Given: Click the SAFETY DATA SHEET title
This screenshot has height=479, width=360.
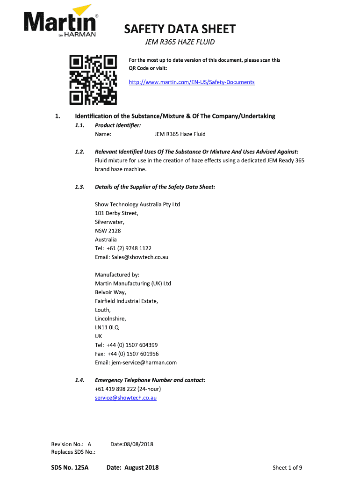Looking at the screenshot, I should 180,30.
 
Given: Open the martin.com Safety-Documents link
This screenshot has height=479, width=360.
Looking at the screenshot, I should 192,82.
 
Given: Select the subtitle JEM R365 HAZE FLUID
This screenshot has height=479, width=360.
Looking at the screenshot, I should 179,43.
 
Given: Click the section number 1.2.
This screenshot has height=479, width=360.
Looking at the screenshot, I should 79,152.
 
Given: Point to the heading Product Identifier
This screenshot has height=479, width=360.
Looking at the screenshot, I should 118,125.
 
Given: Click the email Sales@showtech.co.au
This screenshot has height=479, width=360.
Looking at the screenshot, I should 131,257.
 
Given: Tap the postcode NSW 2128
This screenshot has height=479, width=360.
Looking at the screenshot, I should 108,231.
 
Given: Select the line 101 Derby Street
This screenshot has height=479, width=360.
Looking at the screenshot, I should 116,213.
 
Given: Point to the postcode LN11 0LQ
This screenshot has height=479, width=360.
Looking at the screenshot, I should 107,327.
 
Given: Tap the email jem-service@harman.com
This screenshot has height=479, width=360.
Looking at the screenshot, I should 136,363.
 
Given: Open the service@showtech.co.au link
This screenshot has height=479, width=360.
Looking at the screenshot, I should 126,398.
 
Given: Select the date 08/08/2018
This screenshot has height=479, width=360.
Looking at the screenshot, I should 139,444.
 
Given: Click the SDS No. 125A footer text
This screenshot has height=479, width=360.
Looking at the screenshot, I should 70,467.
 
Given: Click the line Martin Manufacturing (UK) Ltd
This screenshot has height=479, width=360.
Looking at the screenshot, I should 133,283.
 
